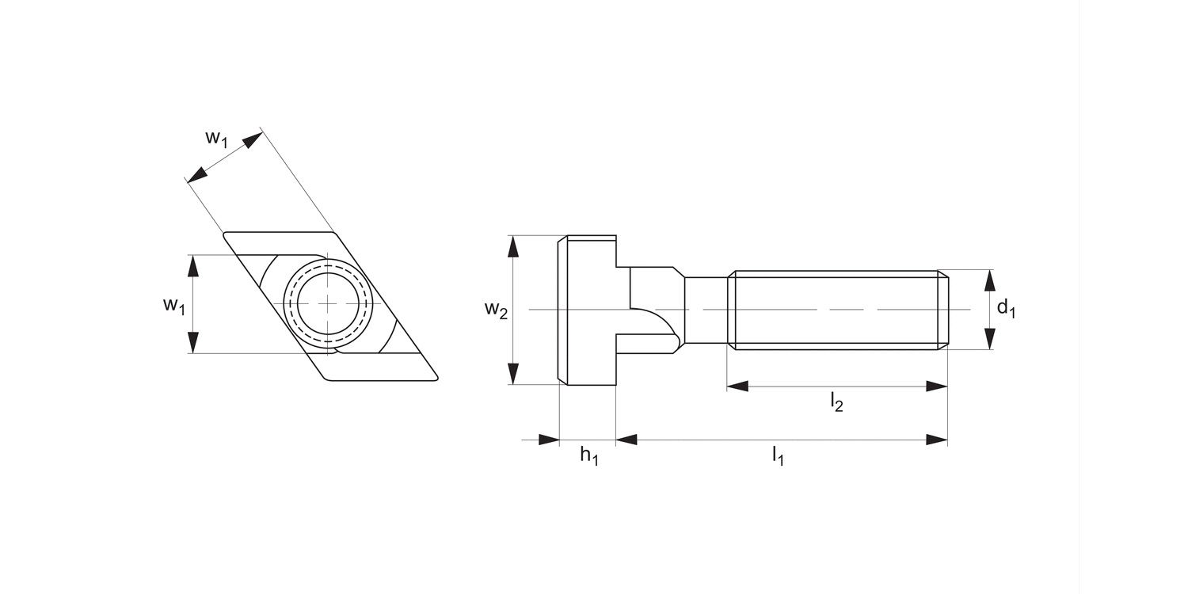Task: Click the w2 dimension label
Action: pos(496,310)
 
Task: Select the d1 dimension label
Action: pos(1006,308)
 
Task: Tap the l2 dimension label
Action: pos(836,402)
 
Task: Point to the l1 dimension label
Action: pos(778,456)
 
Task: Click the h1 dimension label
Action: pos(588,456)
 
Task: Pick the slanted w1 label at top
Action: pos(217,138)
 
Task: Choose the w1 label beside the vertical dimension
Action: pos(173,305)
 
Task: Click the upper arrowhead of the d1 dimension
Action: pos(988,280)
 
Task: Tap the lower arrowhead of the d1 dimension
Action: pos(988,339)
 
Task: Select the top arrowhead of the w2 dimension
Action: pos(514,246)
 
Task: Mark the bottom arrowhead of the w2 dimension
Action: pos(514,374)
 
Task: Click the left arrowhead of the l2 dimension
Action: pos(737,386)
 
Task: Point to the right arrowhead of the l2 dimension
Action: pos(937,386)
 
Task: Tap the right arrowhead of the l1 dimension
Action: pos(937,440)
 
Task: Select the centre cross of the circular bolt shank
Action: pos(328,304)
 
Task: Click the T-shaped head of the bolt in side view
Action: pos(587,310)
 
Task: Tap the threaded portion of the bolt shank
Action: pos(832,310)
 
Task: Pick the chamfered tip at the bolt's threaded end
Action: pos(943,310)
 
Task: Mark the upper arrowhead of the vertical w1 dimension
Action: pos(192,266)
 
